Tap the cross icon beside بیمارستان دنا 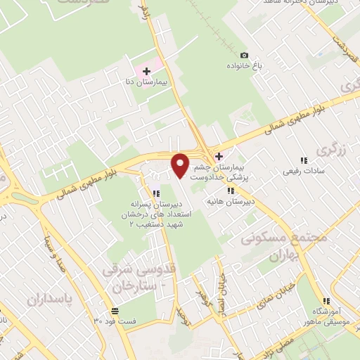pyautogui.click(x=146, y=70)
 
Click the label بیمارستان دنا pyautogui.click(x=149, y=82)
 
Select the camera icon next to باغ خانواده pyautogui.click(x=244, y=55)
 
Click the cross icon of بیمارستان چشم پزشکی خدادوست pyautogui.click(x=219, y=156)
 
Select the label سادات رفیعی pyautogui.click(x=303, y=171)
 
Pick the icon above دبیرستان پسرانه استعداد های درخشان pyautogui.click(x=156, y=193)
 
